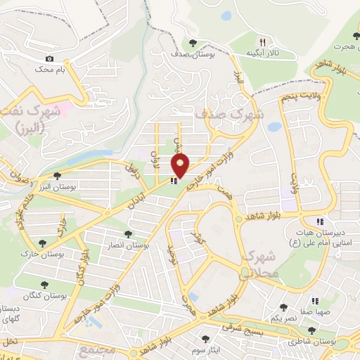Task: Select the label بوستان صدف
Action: [x=191, y=54]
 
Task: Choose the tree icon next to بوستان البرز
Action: [x=57, y=176]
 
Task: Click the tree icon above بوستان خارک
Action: [x=43, y=243]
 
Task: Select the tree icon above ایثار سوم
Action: [x=205, y=339]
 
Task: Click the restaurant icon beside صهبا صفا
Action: [x=320, y=302]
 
